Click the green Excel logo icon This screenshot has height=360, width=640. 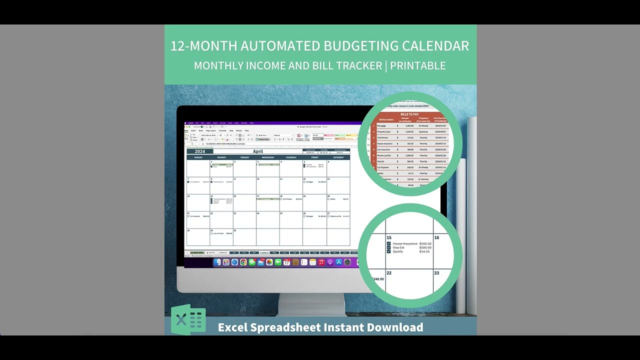188,319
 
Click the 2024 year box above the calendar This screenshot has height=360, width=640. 199,151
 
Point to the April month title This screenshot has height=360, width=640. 257,151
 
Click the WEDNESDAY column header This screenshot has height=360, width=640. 268,157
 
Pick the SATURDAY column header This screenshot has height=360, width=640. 338,157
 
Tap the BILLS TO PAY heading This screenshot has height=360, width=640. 409,114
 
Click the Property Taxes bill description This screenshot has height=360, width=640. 384,131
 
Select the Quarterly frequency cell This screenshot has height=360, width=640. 423,131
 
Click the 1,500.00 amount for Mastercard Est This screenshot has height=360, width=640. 410,155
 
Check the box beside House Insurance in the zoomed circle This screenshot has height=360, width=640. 389,244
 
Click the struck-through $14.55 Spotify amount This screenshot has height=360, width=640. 424,251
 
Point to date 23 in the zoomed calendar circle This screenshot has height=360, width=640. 436,273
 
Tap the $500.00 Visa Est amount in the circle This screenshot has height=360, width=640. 425,247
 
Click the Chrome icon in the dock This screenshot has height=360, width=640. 243,262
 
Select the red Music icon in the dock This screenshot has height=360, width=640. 321,262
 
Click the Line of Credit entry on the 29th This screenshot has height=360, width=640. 218,233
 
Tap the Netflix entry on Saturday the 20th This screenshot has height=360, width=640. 333,199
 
